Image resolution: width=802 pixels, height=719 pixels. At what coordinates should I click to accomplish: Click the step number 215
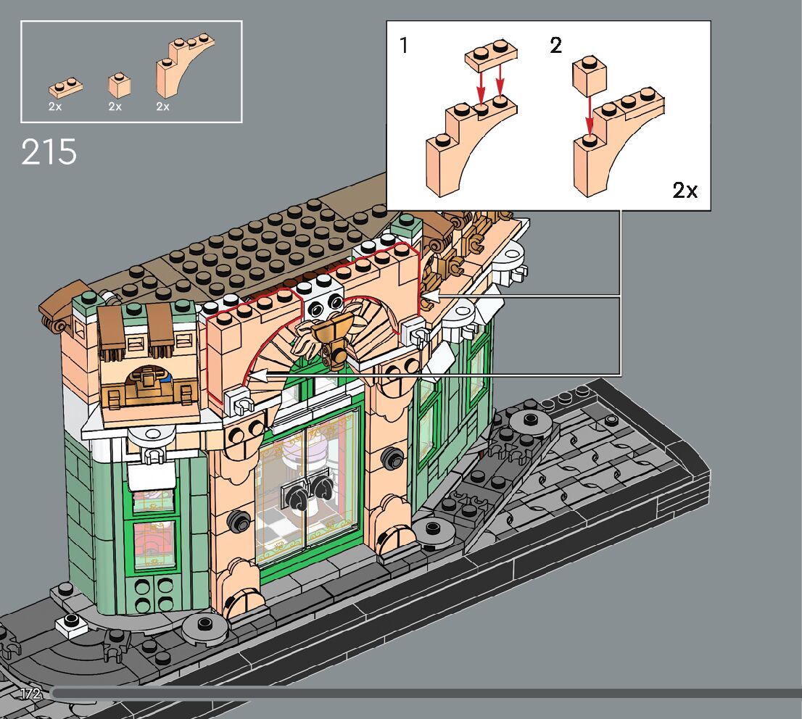[49, 152]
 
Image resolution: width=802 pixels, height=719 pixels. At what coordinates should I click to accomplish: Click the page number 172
[30, 694]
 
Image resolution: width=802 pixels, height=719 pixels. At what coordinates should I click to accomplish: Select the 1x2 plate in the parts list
[65, 88]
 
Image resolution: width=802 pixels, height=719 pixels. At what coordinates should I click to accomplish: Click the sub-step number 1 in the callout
[404, 46]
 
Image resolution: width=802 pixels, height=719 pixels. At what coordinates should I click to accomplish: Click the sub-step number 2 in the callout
[555, 46]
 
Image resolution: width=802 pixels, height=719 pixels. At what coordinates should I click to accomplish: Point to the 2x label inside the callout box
[684, 191]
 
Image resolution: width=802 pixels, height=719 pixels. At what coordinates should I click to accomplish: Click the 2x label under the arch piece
[162, 107]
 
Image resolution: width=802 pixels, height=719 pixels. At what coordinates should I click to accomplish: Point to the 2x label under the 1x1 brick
[115, 107]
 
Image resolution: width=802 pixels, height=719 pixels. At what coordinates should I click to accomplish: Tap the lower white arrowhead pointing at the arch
[256, 375]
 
